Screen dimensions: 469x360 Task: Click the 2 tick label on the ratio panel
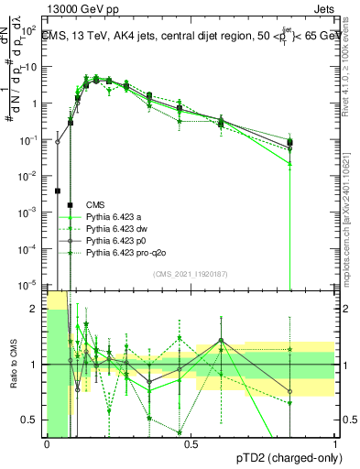click(37, 309)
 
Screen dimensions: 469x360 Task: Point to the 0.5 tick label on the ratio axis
click(32, 420)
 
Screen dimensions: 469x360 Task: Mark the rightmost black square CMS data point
click(289, 142)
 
